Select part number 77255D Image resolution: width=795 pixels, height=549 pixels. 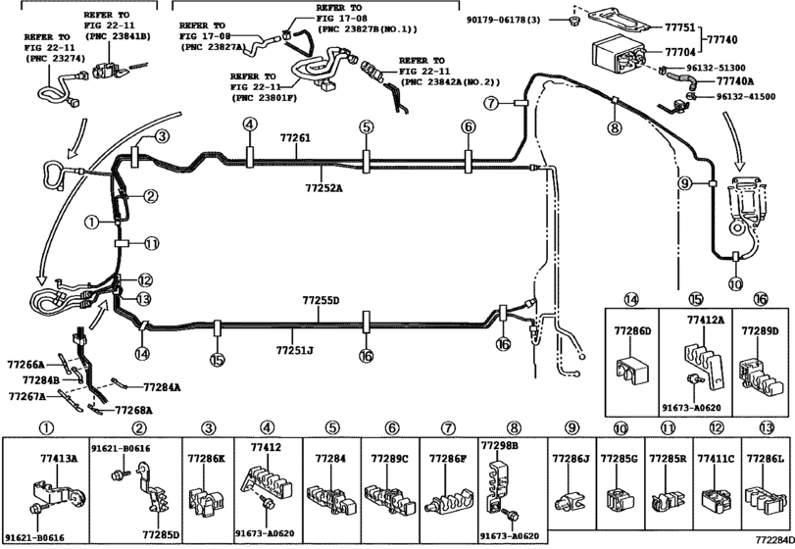(x=320, y=300)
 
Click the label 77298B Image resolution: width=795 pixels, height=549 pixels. (x=500, y=445)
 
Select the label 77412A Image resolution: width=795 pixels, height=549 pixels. (x=706, y=320)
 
